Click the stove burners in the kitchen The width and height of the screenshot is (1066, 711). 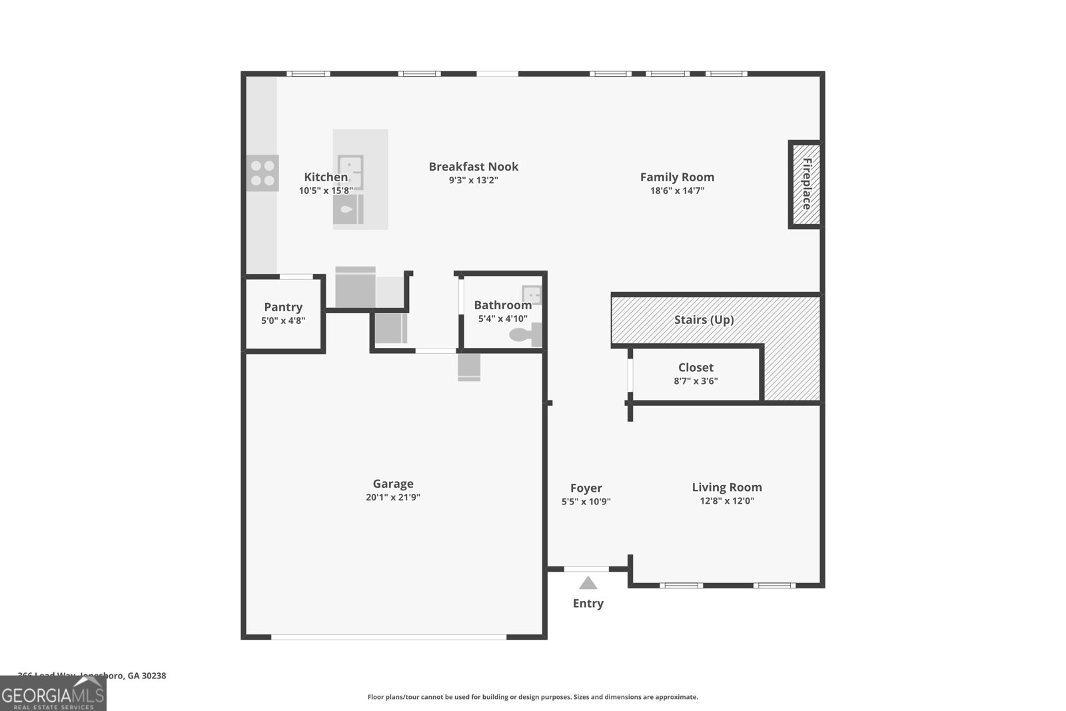pos(263,173)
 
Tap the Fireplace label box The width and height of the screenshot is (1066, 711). pos(805,184)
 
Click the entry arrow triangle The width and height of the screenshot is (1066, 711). pos(588,584)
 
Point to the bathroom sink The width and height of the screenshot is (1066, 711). pos(532,295)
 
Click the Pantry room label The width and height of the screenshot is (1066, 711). pos(283,307)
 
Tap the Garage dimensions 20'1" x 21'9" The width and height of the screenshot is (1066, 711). pos(393,497)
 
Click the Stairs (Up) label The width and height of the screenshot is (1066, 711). pos(704,320)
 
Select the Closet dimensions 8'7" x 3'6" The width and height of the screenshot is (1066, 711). pos(696,381)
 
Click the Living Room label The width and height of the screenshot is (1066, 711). pos(726,487)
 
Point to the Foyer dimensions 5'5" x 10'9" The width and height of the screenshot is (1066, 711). pos(586,502)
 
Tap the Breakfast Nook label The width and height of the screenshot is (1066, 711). pos(473,167)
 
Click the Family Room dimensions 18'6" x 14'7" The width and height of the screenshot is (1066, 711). pos(677,191)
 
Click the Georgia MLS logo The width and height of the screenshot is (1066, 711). pos(53,694)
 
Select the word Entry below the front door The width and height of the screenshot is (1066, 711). pos(588,603)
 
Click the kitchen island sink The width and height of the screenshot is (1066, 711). pos(350,172)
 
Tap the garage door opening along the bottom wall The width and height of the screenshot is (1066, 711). pos(388,637)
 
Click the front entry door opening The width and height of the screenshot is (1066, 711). pos(586,569)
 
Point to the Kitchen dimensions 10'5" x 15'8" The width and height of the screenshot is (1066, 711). pos(326,191)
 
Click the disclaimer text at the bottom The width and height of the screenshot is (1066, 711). pos(532,697)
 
